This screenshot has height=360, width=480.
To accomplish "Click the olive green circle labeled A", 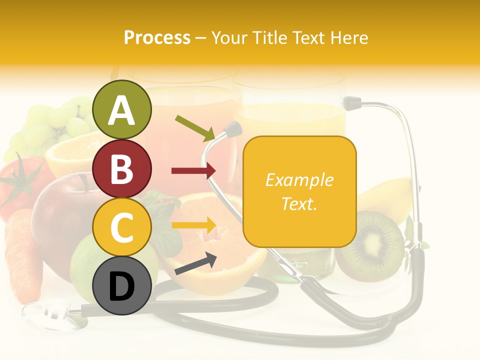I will click(121, 109).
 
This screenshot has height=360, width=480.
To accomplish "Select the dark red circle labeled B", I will click(121, 168).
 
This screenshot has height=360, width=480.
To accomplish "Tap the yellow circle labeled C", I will click(121, 227).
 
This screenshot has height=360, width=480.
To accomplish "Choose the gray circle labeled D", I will click(121, 286).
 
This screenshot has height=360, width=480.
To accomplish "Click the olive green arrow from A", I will click(195, 127).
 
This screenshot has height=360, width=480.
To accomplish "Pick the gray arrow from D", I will click(195, 264).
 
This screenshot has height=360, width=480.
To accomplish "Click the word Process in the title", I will click(157, 37).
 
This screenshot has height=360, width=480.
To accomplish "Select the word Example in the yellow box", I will click(299, 180).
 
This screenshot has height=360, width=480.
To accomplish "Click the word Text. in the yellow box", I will click(299, 203).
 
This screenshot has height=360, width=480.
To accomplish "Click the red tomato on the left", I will click(20, 182).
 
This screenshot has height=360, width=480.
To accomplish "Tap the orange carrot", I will click(22, 255).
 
